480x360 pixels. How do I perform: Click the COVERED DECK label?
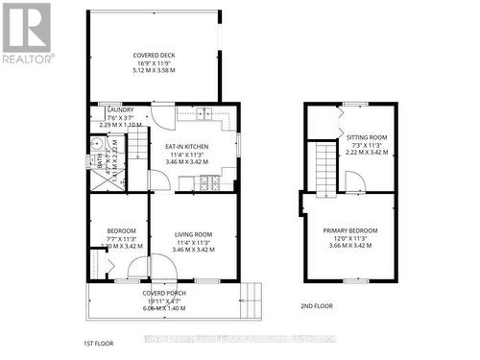point(154,55)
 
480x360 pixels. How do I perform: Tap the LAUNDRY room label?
point(120,110)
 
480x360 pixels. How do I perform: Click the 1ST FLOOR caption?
point(99,341)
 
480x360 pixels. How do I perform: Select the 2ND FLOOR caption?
point(305,305)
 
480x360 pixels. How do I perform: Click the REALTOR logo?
point(26,33)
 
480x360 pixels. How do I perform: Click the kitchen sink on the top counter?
point(204,113)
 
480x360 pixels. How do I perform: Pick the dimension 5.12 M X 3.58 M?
point(154,71)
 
